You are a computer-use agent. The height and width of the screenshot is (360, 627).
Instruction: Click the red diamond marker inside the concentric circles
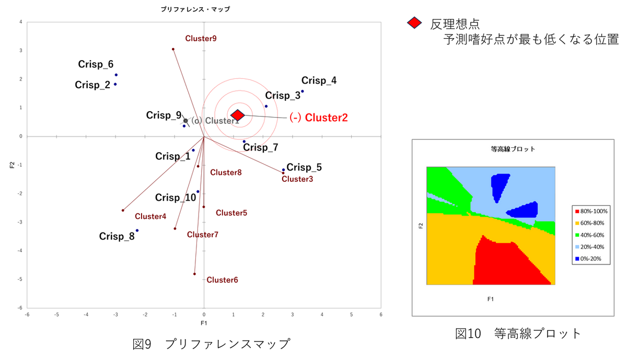coord(237,115)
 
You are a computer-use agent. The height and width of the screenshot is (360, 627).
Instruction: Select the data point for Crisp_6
coord(116,75)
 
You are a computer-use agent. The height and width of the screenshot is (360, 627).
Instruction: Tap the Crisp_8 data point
coord(137,230)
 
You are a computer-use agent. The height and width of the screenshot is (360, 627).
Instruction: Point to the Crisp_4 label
coord(319,80)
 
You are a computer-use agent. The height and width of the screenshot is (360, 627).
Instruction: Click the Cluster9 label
coord(201,39)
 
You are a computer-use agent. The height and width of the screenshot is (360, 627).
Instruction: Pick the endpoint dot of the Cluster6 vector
coord(194,274)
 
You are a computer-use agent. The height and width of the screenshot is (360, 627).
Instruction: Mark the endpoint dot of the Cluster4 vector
coord(123,210)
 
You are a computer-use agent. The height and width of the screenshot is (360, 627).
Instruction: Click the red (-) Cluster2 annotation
coord(319,118)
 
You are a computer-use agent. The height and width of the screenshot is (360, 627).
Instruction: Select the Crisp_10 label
coord(176,198)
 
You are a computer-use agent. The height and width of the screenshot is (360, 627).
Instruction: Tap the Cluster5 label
coord(231,213)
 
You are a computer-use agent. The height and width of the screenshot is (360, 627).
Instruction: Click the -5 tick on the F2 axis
coord(20,280)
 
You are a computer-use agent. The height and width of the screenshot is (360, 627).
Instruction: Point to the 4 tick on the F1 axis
coord(322,315)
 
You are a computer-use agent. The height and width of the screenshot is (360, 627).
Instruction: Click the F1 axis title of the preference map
coord(204,323)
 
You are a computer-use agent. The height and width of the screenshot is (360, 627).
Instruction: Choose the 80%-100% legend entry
coord(591,212)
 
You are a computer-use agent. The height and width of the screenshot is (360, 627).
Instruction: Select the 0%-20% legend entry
coord(588,259)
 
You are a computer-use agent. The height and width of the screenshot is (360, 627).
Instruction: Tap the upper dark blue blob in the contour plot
coord(500,185)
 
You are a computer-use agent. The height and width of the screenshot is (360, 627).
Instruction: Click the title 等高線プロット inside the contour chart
coord(513,149)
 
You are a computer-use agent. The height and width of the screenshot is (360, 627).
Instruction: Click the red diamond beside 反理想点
coord(414,22)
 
